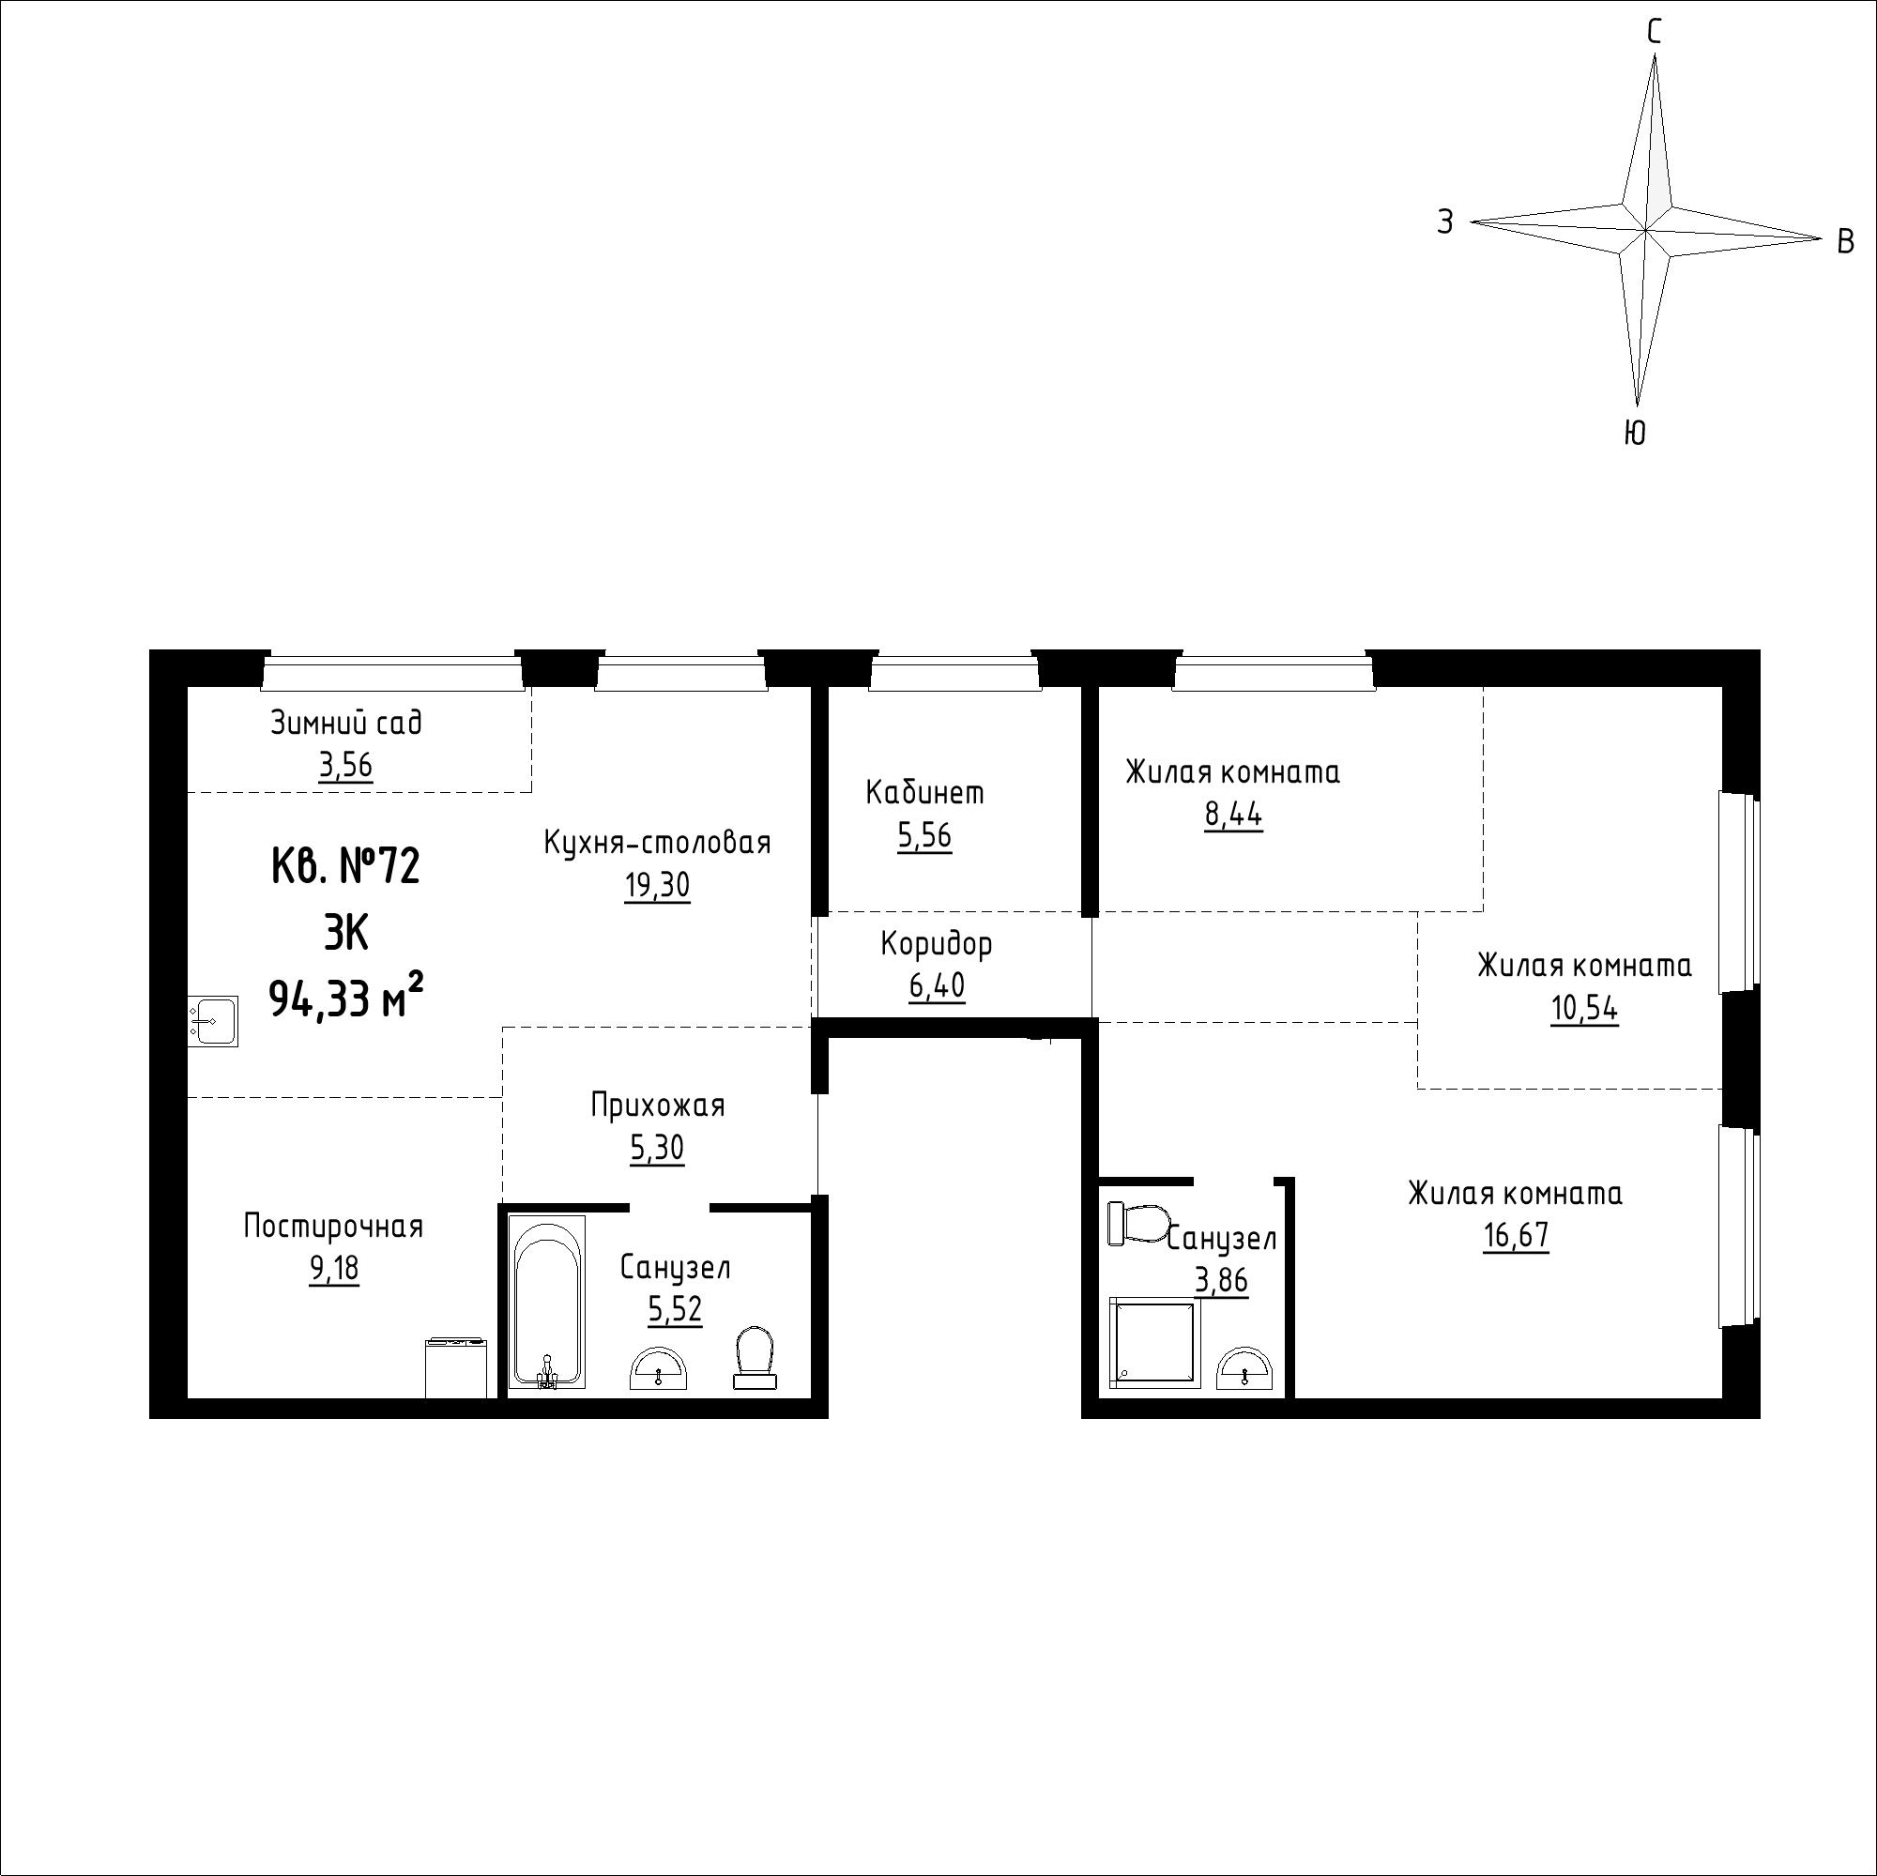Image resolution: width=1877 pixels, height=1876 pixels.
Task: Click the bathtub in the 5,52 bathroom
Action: [547, 1301]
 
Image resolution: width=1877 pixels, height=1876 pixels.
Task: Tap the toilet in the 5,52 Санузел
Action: [755, 1357]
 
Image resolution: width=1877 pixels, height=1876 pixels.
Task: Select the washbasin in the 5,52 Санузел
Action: [659, 1368]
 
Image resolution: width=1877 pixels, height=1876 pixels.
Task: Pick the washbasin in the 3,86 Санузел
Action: [1244, 1368]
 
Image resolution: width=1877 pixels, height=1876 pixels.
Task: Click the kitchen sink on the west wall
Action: [213, 1021]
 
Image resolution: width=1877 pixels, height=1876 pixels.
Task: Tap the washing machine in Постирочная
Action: [457, 1368]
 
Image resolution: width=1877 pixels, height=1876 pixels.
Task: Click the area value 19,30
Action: [657, 885]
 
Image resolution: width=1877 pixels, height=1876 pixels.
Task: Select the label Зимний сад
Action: [346, 723]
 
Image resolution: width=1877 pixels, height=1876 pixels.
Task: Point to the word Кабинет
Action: [925, 793]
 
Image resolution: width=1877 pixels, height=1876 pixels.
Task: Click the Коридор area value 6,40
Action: [937, 986]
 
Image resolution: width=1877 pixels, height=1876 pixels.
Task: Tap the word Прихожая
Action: [658, 1106]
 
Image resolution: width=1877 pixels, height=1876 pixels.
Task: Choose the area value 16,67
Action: [1516, 1236]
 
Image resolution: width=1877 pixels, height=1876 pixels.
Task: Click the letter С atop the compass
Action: [1654, 34]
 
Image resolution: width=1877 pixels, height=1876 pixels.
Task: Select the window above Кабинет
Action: [955, 672]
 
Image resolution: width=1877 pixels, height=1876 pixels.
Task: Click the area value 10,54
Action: [1584, 1010]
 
